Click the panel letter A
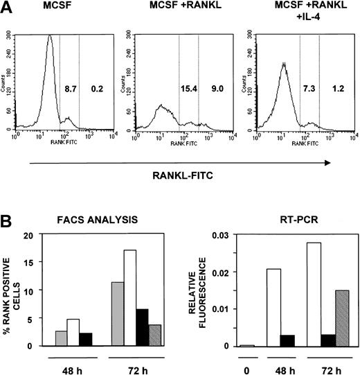click(6, 9)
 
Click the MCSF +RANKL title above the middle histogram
click(177, 8)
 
